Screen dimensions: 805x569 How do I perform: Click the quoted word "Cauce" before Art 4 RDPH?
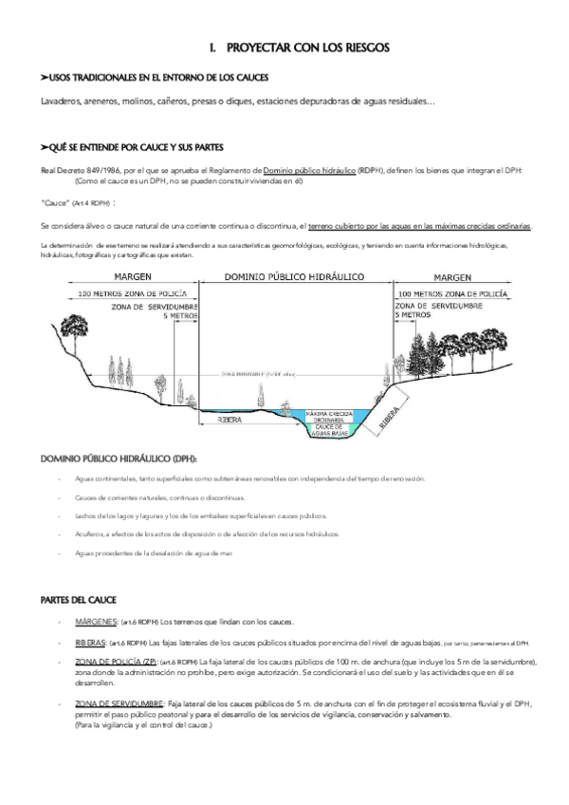(56, 203)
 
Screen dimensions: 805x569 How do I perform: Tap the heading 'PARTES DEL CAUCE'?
(78, 600)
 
